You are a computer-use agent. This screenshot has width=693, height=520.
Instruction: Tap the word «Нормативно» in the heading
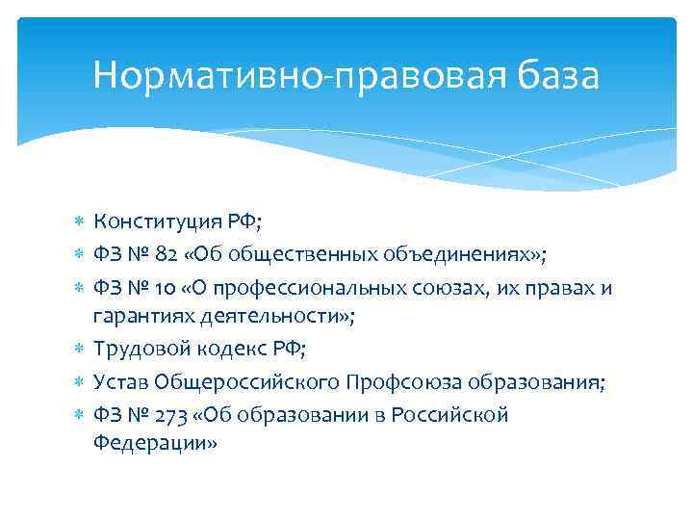pos(201,74)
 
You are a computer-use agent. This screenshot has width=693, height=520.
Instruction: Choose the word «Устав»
pos(118,383)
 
